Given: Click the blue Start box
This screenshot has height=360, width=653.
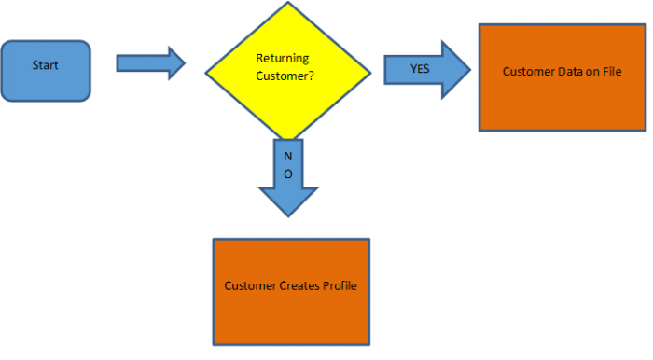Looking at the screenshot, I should (x=47, y=70).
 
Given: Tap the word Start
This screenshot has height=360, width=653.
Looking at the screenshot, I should (x=46, y=65).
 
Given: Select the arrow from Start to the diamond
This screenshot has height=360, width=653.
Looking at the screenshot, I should (x=150, y=62).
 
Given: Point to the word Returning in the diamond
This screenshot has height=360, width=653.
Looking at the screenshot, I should (x=282, y=58).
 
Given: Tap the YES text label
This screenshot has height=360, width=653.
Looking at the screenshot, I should (x=421, y=69).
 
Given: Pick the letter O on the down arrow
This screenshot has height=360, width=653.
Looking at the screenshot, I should (x=288, y=173).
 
